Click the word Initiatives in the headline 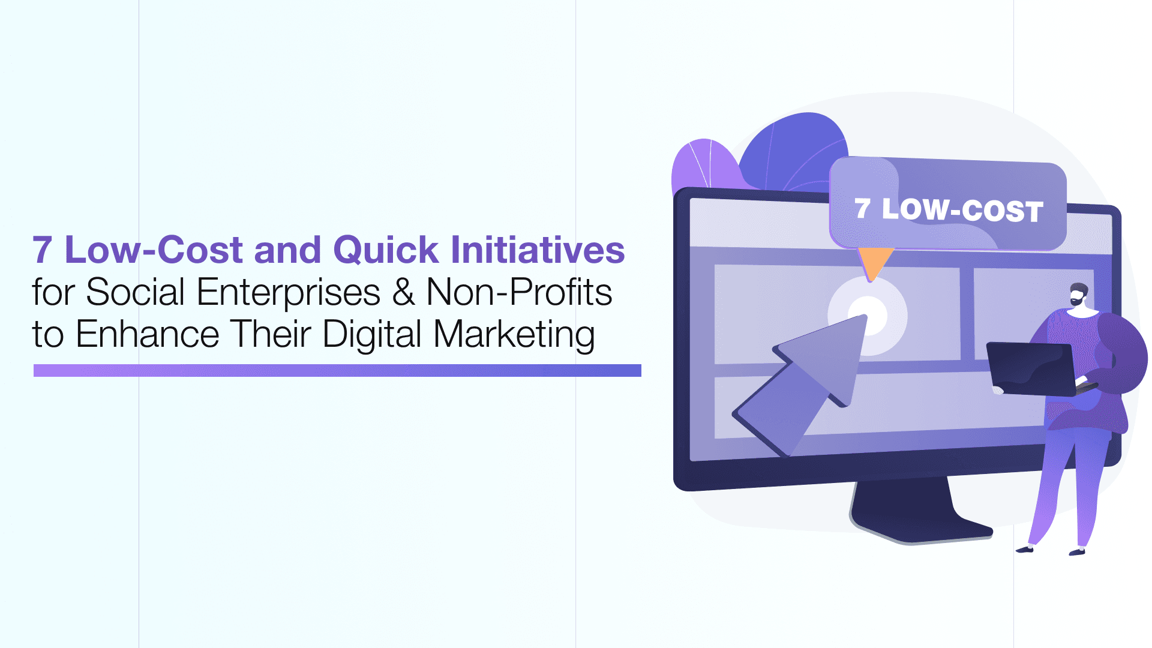click(x=538, y=250)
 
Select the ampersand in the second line click(x=403, y=292)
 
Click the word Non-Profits click(x=519, y=292)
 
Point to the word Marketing click(x=514, y=334)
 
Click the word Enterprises click(x=288, y=292)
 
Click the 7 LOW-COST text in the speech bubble click(x=949, y=210)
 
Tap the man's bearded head click(x=1078, y=295)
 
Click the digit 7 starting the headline click(x=42, y=250)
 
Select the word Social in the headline click(x=135, y=292)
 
